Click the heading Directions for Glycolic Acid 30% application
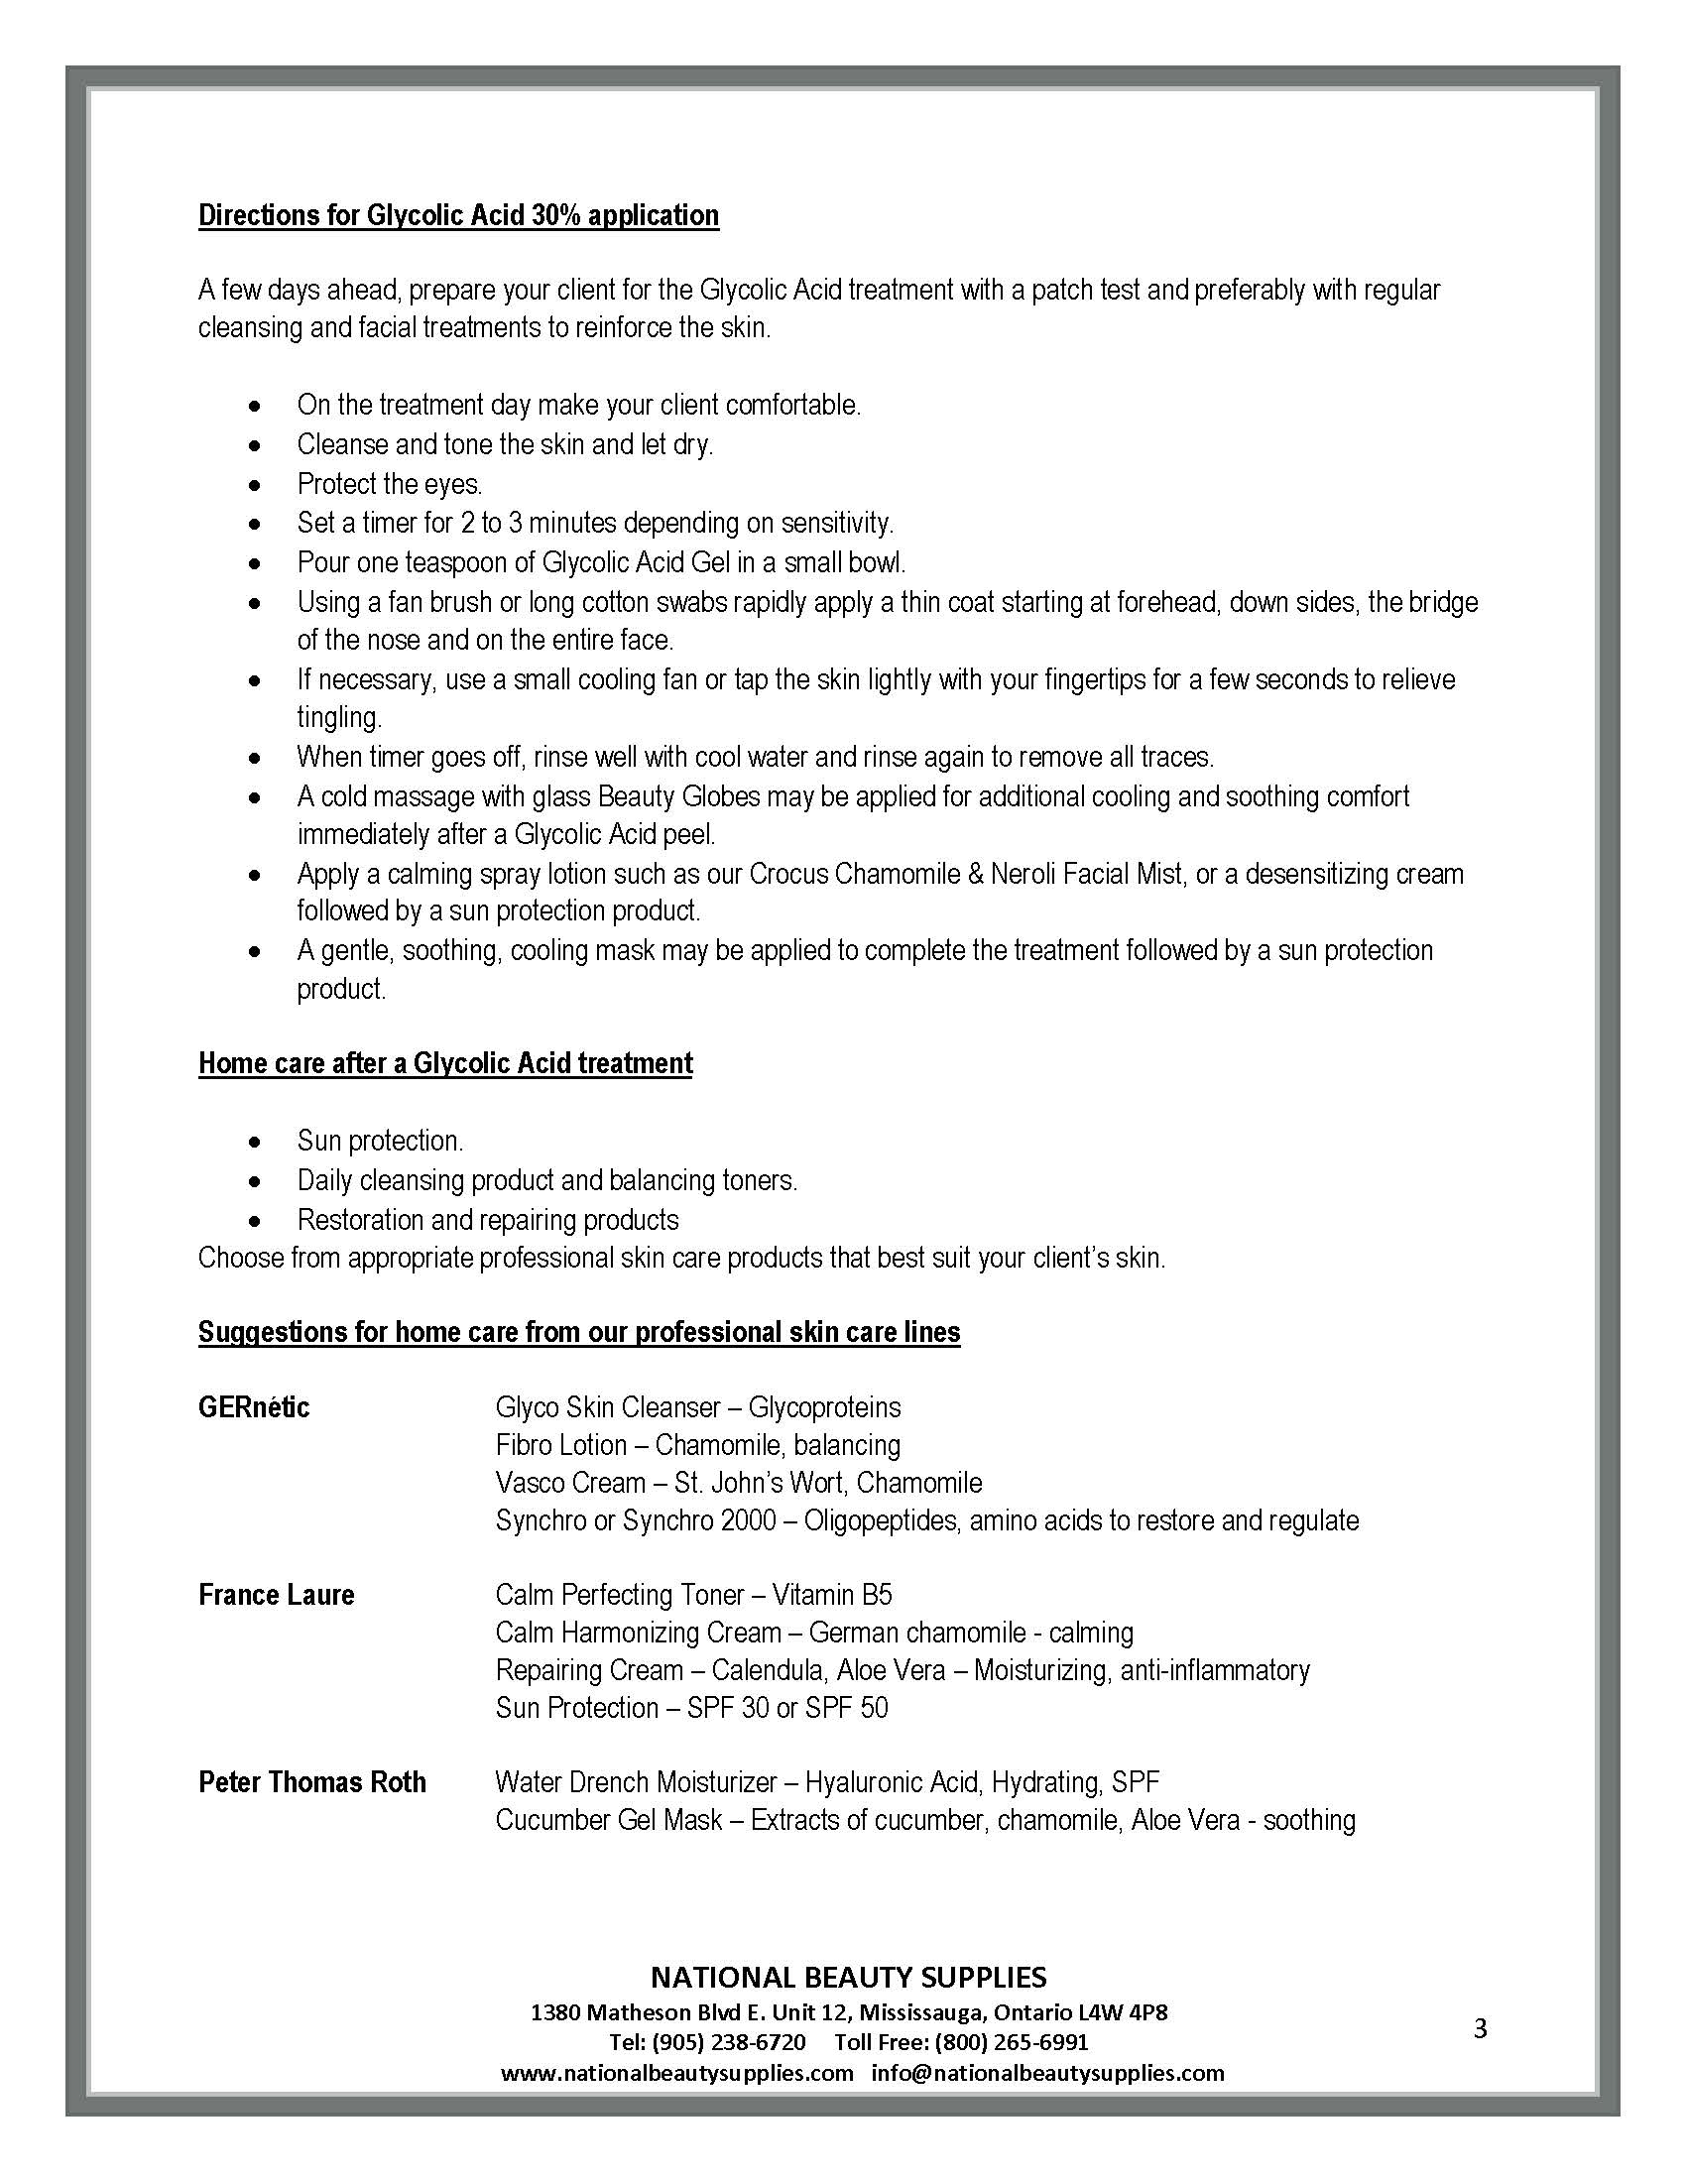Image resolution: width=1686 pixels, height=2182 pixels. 458,216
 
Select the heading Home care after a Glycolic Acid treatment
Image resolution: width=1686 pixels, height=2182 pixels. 445,1063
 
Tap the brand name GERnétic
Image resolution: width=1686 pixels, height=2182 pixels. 254,1407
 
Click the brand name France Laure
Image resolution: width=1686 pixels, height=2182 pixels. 277,1595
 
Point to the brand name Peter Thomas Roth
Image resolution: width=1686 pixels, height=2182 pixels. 311,1782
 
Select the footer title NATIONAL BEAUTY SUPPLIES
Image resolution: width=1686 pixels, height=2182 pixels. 848,1977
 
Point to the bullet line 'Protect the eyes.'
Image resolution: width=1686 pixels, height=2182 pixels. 390,485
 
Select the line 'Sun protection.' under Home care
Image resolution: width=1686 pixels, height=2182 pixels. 381,1141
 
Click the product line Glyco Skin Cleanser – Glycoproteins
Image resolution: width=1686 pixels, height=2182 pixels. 697,1407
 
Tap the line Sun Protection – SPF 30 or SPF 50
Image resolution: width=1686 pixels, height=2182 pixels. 691,1708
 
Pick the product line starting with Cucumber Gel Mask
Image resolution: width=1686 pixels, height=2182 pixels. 925,1820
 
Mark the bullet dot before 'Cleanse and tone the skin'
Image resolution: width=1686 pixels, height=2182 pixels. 257,445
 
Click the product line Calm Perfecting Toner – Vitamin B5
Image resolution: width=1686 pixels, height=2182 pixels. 693,1595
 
